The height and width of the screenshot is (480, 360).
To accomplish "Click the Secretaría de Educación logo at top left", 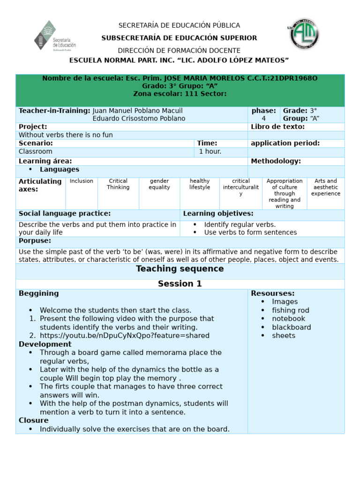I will [55, 35].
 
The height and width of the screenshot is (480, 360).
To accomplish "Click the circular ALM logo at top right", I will [304, 34].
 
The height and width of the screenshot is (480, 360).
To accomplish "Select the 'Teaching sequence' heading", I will [180, 269].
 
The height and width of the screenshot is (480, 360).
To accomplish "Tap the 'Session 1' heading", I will [180, 284].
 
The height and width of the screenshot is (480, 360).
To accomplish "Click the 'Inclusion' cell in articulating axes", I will [82, 181].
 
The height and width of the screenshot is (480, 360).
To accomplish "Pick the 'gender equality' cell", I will [159, 184].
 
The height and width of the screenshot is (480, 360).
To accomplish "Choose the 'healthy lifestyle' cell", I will [200, 184].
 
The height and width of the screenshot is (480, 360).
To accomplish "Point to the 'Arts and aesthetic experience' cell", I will [326, 187].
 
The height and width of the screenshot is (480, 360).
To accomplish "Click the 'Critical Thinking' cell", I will [118, 184].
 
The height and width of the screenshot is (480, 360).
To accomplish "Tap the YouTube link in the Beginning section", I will [124, 336].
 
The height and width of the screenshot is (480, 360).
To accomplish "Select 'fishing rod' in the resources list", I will [291, 310].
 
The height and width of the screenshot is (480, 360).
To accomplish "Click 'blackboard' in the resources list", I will [291, 327].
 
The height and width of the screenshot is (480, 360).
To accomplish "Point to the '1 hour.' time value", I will [210, 152].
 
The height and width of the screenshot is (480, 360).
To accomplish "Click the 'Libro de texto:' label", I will [277, 127].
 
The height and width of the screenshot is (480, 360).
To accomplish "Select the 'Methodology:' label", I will [276, 161].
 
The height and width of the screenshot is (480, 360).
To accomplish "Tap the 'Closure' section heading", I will [34, 420].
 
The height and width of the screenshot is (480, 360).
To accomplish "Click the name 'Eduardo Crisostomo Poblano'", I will [139, 119].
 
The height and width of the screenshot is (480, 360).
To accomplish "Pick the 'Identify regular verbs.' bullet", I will [240, 225].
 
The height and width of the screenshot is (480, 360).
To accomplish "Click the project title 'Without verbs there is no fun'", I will [66, 135].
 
